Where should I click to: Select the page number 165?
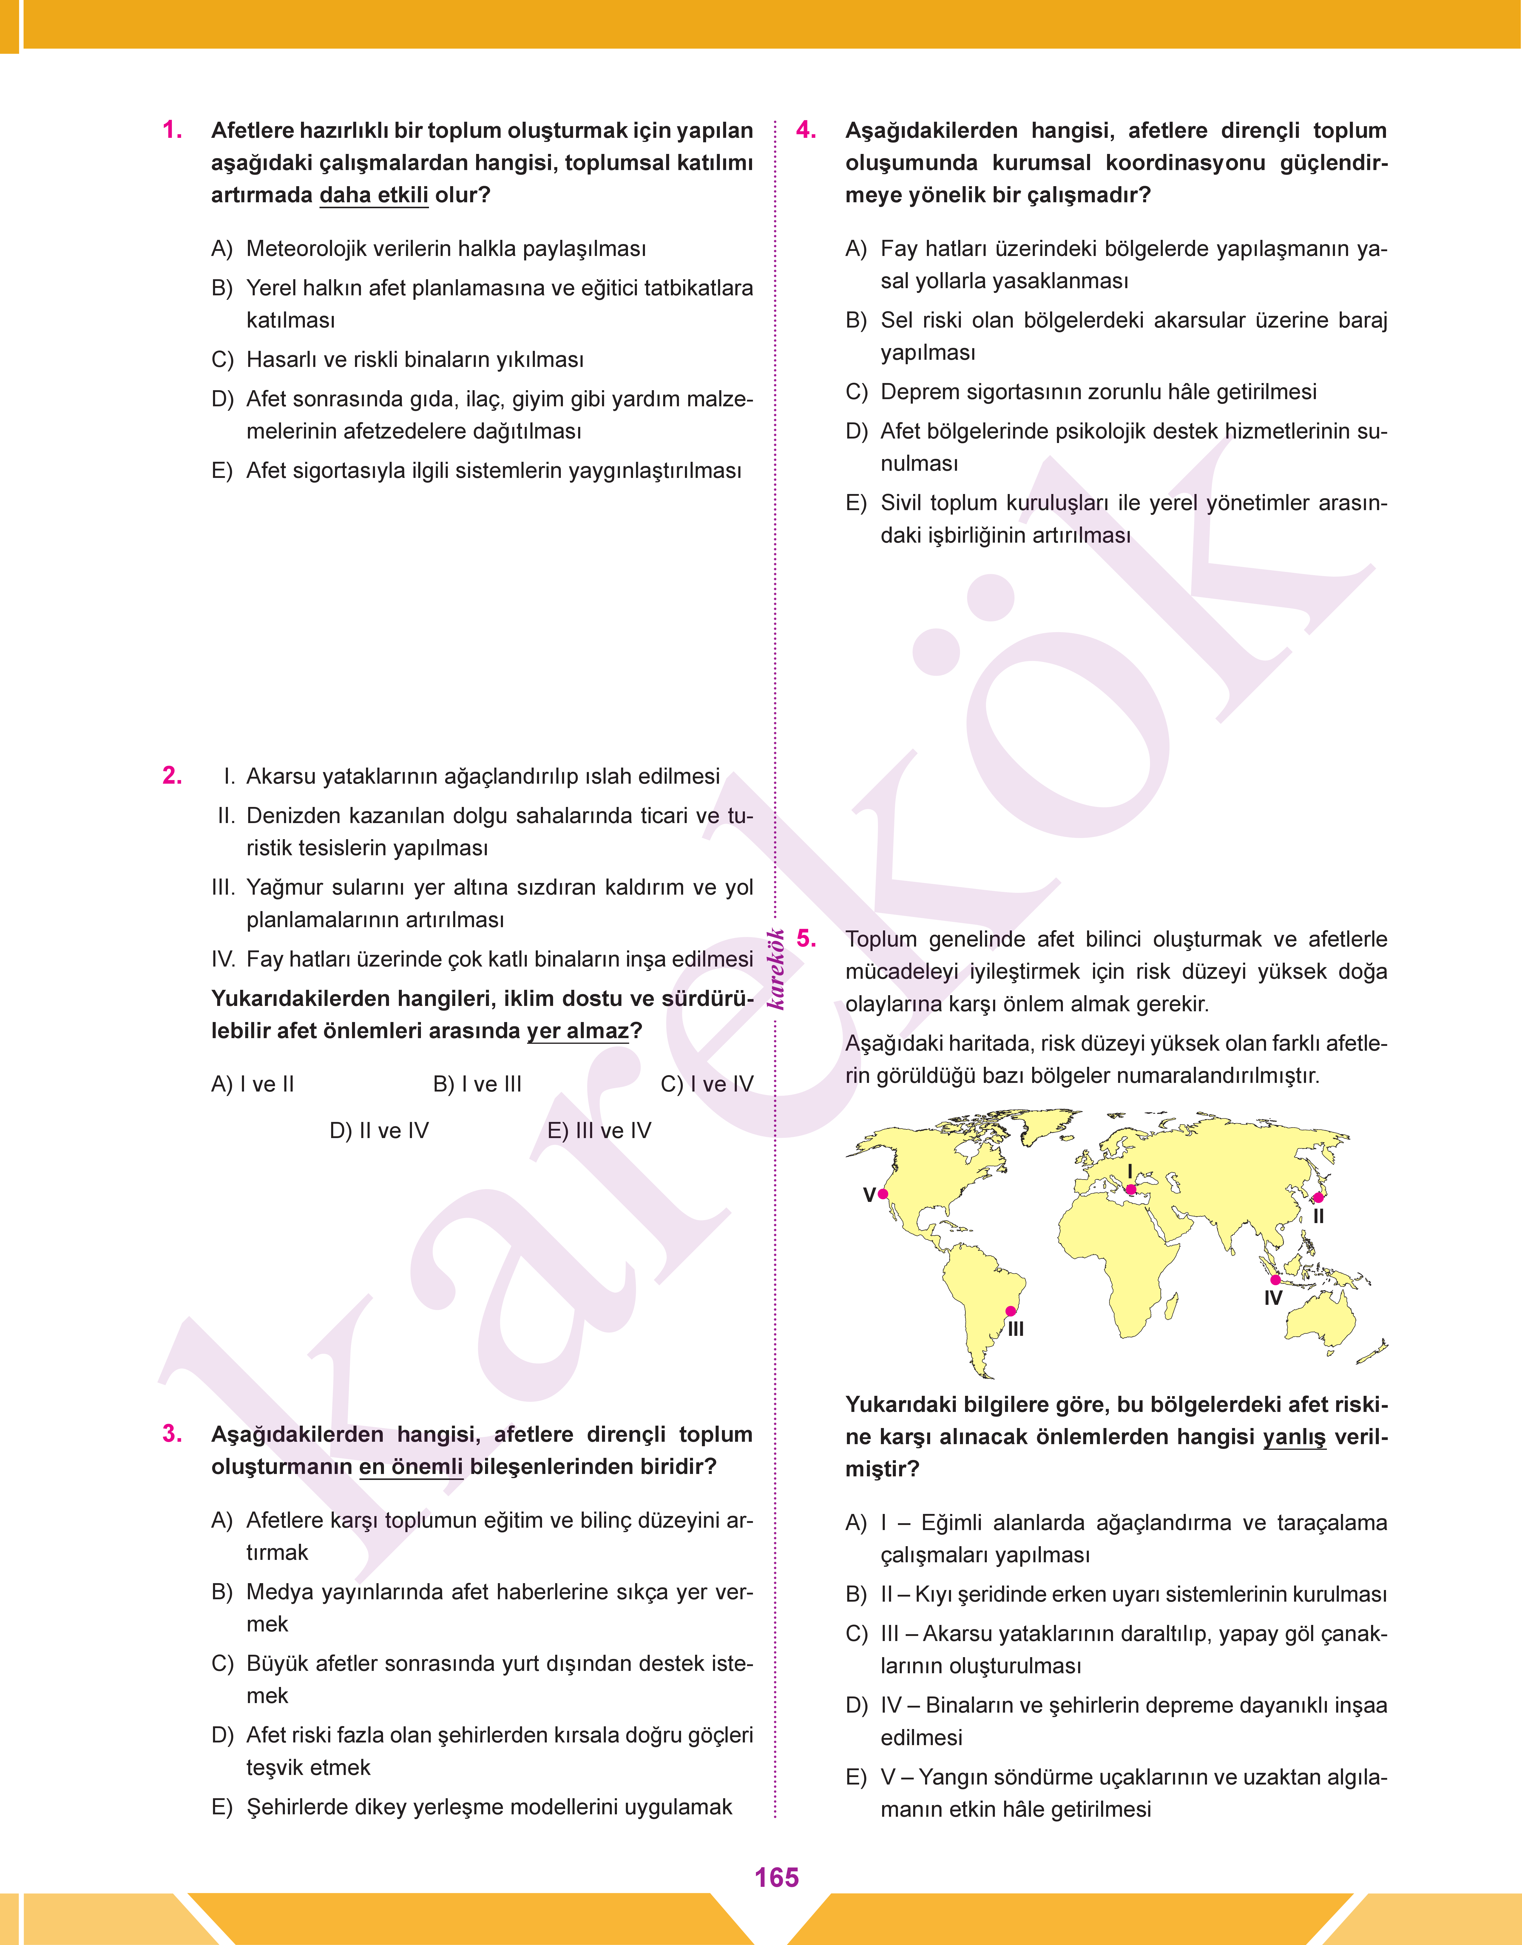[776, 1877]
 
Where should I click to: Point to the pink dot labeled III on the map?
[1010, 1310]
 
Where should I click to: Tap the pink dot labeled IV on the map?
[1275, 1279]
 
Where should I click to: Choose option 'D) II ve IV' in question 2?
[379, 1131]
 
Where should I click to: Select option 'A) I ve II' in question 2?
[252, 1084]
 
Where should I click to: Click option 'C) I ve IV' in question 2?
[707, 1084]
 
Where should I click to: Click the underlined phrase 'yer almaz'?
[578, 1031]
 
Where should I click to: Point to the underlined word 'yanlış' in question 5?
[1294, 1437]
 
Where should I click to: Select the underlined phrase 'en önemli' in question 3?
[411, 1467]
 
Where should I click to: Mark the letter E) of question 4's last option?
[856, 503]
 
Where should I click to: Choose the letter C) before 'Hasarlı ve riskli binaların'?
[222, 360]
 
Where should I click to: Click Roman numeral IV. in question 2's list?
[223, 960]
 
